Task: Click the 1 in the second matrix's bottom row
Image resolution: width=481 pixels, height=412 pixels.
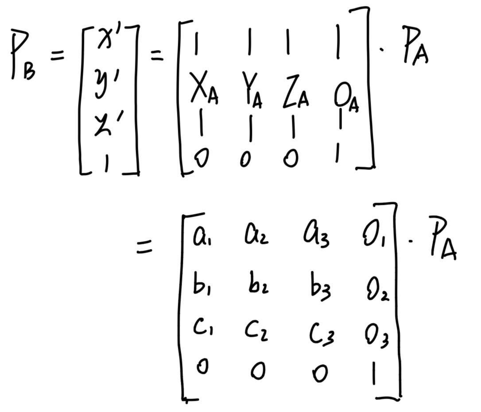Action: pos(374,374)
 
